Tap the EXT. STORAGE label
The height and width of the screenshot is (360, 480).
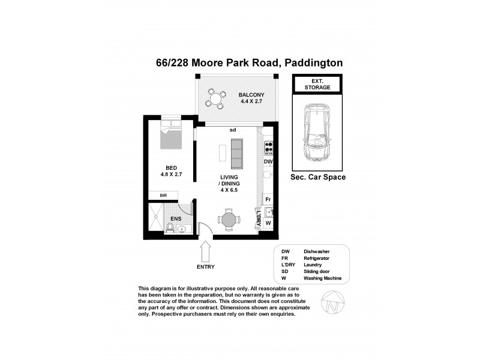pos(317,84)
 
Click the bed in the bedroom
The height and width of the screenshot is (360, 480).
pos(172,137)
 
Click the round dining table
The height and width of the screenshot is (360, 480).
pos(229,220)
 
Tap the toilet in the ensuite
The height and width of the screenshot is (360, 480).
pos(170,227)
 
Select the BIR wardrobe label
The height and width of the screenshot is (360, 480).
pos(163,196)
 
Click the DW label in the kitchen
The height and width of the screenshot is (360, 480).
pos(268,161)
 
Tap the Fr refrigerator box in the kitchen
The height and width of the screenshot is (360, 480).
pos(268,199)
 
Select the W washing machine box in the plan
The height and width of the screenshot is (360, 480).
pos(268,223)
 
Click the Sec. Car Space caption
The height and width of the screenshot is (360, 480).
pos(317,178)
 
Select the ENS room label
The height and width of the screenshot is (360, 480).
pos(176,219)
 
